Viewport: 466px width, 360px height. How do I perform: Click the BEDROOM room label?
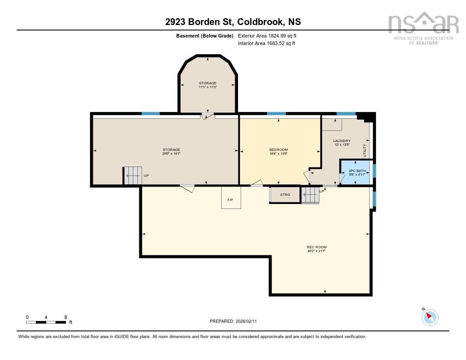[x=279, y=150]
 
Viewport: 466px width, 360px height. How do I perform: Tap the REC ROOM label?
[x=316, y=247]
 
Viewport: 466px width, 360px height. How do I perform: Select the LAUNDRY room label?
[x=341, y=141]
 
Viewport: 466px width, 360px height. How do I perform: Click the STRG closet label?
[x=285, y=195]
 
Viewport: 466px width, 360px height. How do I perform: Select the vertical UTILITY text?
[x=364, y=150]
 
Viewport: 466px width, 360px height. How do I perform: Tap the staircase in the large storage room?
[x=132, y=176]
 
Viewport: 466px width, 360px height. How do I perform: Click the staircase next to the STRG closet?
[x=309, y=195]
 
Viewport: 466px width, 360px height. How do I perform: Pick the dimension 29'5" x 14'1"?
[x=172, y=154]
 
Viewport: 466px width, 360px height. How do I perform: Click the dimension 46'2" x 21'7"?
[x=316, y=251]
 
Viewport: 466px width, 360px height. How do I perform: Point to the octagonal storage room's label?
[x=208, y=83]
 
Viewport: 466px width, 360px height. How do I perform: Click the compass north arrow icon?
[x=430, y=317]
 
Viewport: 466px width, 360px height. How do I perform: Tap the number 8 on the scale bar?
[x=66, y=317]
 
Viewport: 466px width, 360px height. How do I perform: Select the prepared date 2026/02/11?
[x=249, y=321]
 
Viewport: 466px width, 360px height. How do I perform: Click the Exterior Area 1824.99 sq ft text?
[x=267, y=35]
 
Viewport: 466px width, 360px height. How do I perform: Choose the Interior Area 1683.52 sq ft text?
[x=266, y=44]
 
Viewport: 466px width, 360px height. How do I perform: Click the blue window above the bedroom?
[x=276, y=113]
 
